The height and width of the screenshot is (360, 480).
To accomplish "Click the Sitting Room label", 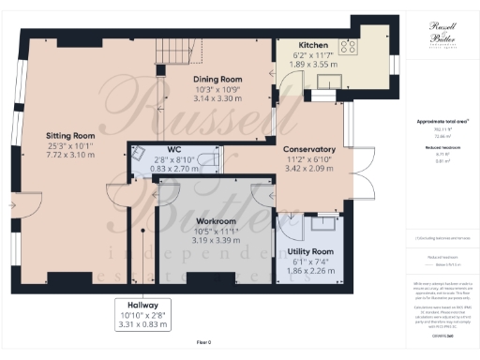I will click(x=71, y=135).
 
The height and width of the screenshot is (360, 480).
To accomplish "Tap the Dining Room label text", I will click(x=217, y=80).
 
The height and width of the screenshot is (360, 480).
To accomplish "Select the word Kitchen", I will click(x=312, y=45).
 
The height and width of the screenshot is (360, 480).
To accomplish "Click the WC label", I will click(x=175, y=150).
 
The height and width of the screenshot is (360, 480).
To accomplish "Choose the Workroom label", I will click(x=216, y=221).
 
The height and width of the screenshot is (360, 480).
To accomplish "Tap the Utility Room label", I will click(x=308, y=252).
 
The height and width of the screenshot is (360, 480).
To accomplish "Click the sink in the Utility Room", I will click(x=325, y=221).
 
